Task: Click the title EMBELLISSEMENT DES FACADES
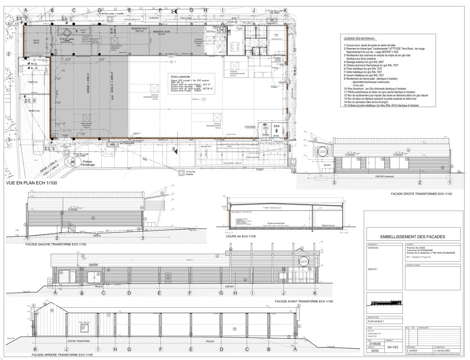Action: [x=413, y=237]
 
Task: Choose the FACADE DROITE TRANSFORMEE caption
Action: [x=422, y=194]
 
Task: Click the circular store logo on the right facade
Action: [x=322, y=152]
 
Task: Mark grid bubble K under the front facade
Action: [x=315, y=293]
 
